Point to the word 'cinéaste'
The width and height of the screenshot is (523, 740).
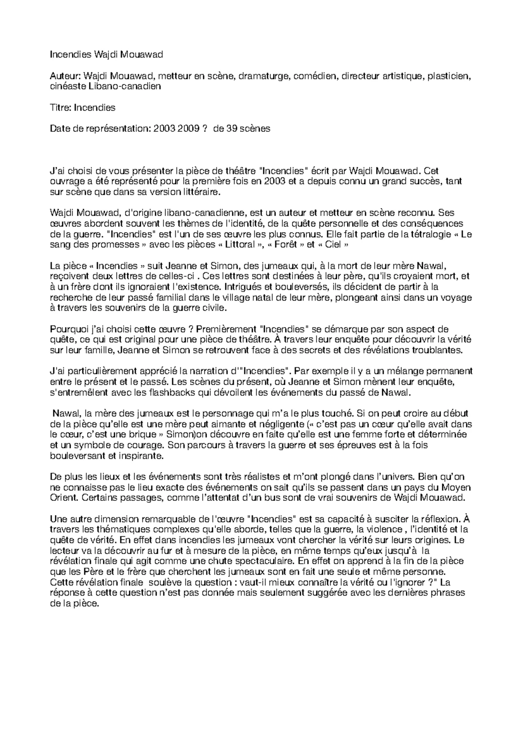click(x=68, y=86)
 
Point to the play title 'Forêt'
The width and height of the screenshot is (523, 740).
click(x=289, y=245)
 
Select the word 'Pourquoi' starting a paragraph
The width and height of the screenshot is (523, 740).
click(x=69, y=329)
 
